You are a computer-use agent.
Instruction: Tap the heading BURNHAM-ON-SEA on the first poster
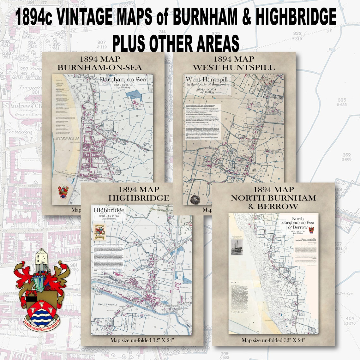point(99,68)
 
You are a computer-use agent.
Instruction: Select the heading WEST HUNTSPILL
point(234,68)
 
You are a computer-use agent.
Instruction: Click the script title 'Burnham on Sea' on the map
point(123,80)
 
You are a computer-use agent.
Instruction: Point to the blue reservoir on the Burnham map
point(133,95)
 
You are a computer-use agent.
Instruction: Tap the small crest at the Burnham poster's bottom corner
point(63,191)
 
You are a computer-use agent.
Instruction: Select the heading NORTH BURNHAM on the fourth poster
point(273,198)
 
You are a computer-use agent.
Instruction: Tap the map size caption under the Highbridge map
point(142,340)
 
